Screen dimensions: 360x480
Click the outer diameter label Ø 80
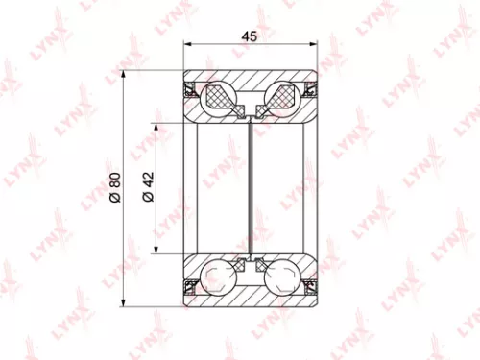tap(115, 189)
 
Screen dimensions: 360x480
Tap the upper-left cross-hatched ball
tap(220, 98)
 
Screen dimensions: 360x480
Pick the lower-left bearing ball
tap(220, 279)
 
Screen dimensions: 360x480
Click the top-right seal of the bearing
tap(309, 93)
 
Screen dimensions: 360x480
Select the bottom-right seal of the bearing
tap(309, 285)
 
